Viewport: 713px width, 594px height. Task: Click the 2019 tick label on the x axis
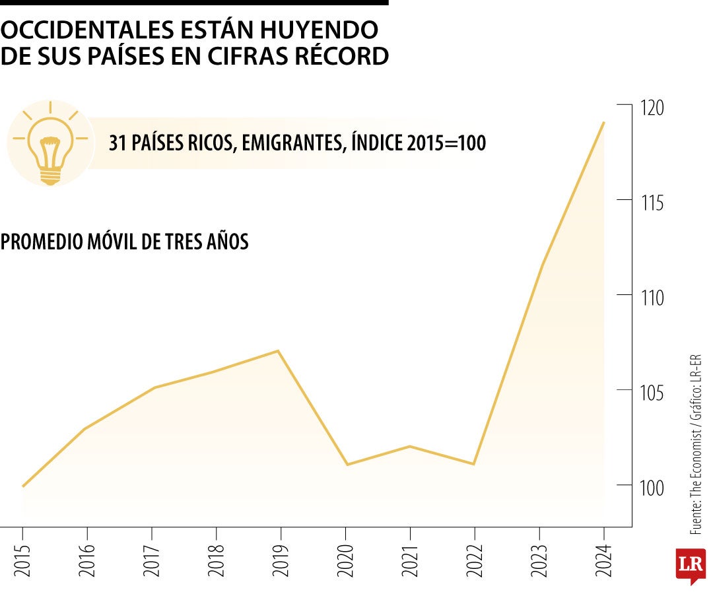tap(281, 560)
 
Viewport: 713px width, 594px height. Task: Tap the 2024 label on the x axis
tap(603, 560)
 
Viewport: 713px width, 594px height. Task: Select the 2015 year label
tap(23, 560)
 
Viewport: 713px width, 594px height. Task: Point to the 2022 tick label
tap(474, 560)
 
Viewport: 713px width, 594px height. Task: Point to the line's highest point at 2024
tap(603, 122)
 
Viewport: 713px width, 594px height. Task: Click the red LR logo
tap(691, 565)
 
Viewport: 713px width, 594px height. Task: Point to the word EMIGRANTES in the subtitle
tap(289, 143)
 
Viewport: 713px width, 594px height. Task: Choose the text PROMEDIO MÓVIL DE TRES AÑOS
tap(125, 242)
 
